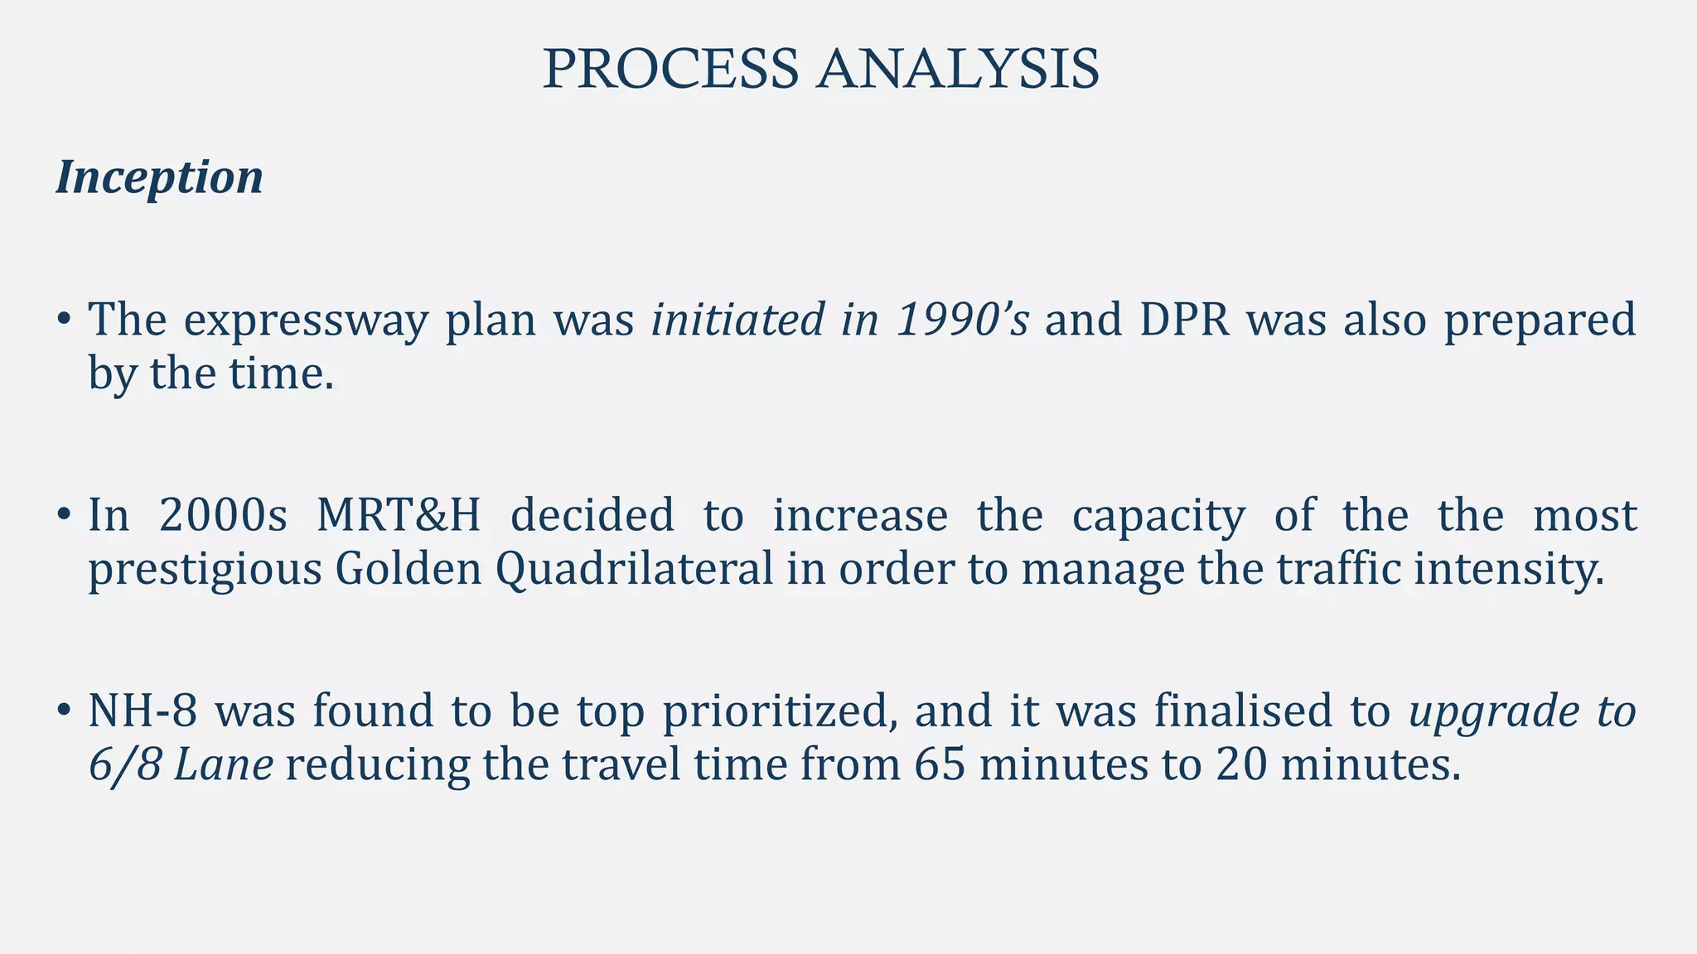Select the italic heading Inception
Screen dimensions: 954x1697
point(159,177)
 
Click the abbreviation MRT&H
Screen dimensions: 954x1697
point(399,515)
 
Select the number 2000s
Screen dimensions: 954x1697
point(223,515)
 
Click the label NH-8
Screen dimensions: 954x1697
point(143,711)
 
